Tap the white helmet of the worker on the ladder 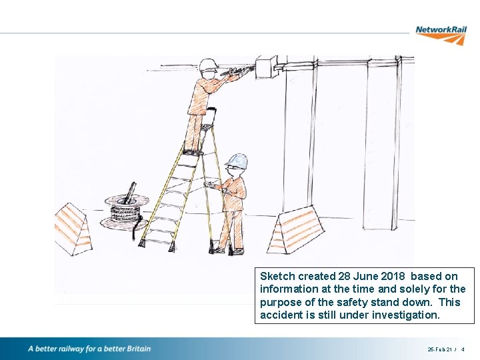208,64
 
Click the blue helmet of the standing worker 237,161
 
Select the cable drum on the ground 125,211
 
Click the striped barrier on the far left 71,229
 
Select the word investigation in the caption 405,314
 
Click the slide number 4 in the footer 463,349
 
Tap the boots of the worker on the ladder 193,152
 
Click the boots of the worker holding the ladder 227,251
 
